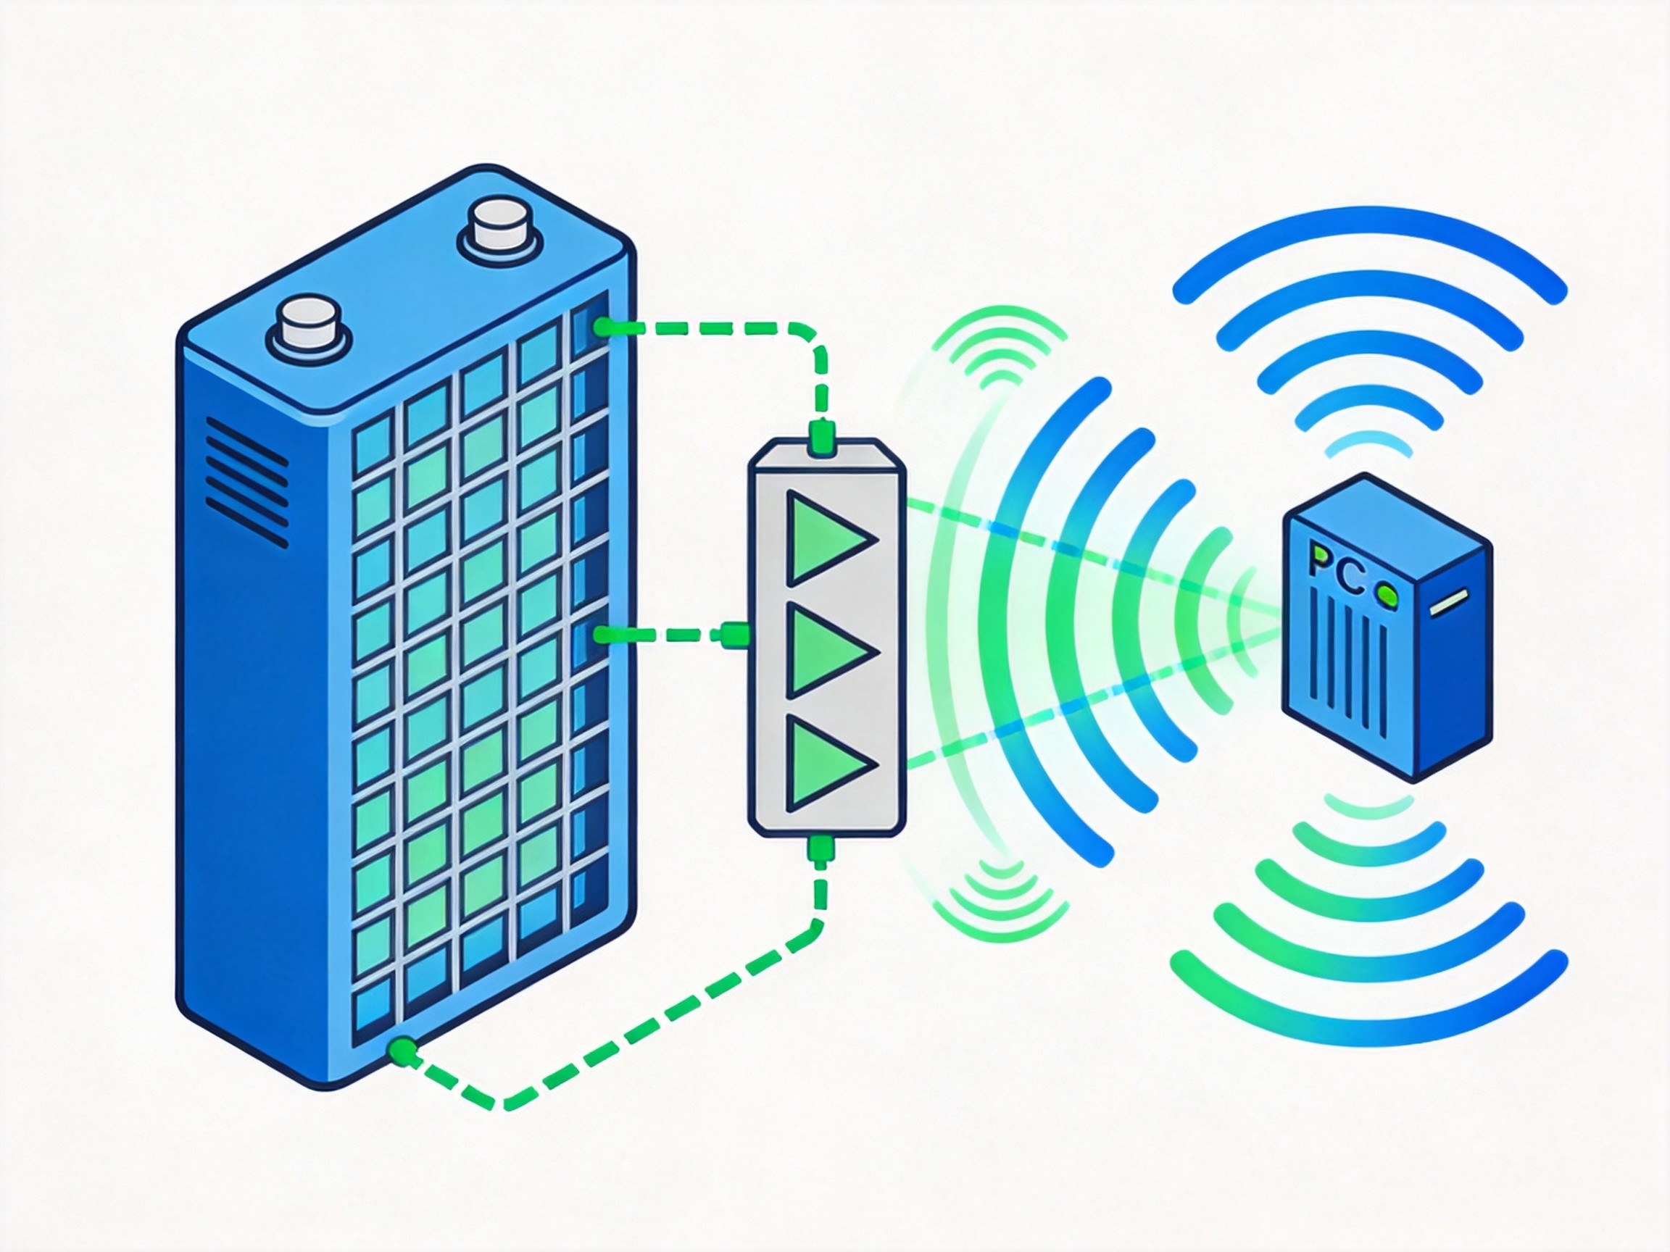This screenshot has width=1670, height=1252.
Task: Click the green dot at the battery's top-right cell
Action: coord(602,327)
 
